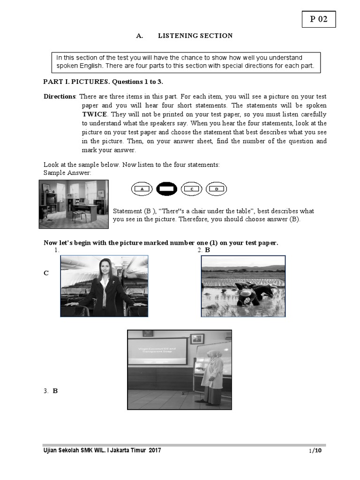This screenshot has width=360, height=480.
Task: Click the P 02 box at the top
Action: coord(318,19)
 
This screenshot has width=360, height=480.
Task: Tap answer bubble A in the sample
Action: coord(142,189)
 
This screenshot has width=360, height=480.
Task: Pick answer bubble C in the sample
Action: coord(192,189)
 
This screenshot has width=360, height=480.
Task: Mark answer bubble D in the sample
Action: coord(217,189)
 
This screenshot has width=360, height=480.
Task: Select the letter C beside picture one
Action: coord(46,273)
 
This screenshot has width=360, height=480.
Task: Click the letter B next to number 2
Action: coord(207,250)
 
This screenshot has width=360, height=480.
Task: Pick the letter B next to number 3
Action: coord(55,390)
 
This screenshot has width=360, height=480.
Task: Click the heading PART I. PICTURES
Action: coord(103,82)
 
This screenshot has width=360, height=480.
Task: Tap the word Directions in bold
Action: coord(60,97)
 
